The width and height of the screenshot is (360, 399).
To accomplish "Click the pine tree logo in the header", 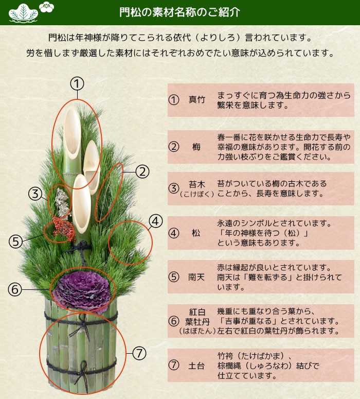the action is point(23,13).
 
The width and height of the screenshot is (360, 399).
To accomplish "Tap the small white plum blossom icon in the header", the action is point(46,7).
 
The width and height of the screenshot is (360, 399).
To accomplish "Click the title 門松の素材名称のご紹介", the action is point(180,12).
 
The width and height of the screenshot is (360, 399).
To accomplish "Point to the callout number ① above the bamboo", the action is point(77,84).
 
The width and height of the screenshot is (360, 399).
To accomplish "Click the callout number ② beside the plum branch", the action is point(142,172).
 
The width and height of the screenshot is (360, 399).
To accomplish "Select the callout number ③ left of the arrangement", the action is point(35,194).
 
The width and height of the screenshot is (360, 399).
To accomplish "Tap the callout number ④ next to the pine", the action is point(156,221).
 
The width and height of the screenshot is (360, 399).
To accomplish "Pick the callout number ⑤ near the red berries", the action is point(15,241).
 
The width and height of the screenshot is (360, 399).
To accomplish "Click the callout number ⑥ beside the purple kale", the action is point(15,289).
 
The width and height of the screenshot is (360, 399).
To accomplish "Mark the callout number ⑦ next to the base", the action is point(139,354).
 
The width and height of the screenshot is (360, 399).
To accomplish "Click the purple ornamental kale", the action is point(82,289).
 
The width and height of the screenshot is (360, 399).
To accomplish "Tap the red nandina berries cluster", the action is point(64,229).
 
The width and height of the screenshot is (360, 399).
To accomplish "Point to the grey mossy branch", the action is point(62,202).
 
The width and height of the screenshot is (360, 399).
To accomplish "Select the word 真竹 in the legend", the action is point(196,99).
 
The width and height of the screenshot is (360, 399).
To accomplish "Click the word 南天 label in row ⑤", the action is point(196,277).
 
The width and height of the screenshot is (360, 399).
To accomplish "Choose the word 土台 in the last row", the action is point(196,366).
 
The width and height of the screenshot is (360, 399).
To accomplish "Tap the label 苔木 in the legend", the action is point(197,184).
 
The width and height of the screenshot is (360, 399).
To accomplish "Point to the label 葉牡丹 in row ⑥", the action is point(197,322).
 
